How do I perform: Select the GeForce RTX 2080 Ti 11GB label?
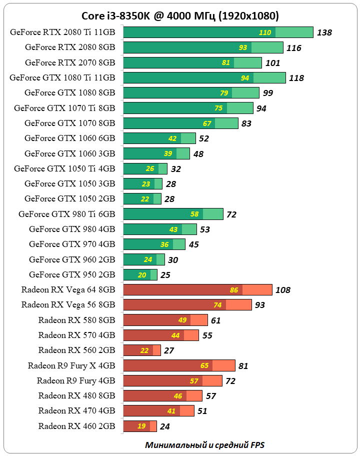[62, 32]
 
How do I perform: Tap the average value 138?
[324, 33]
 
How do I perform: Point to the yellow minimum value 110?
[265, 33]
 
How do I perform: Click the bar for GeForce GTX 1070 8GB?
[180, 123]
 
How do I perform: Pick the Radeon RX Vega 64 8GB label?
[68, 289]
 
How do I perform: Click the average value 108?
[282, 290]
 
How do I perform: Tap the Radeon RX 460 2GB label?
[76, 426]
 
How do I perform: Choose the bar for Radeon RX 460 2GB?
[140, 426]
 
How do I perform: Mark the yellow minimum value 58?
[194, 214]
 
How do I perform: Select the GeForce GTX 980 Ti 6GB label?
[66, 214]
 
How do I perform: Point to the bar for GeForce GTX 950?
[140, 275]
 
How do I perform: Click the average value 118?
[296, 78]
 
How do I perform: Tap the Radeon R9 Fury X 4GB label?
[71, 365]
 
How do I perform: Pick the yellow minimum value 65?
[204, 366]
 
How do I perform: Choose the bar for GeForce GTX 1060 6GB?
[159, 138]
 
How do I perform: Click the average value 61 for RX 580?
[215, 320]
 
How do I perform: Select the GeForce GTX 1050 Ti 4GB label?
[64, 168]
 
